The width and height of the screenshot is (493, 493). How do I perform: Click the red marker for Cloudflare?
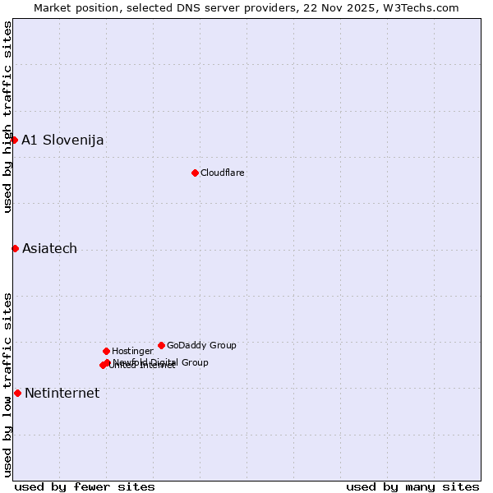coord(195,173)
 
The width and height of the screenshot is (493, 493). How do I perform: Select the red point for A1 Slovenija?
coord(14,140)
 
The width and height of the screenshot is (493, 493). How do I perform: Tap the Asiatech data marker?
coord(15,248)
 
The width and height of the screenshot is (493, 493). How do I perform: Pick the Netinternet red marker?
coord(17,393)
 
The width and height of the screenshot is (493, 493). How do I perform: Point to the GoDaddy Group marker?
coord(161,345)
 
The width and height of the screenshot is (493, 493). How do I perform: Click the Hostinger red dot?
coord(106,351)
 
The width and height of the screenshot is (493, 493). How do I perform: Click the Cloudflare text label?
coord(223,173)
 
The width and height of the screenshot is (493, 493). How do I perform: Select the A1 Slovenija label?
coord(62,140)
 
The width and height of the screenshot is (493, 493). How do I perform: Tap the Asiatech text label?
coord(49,248)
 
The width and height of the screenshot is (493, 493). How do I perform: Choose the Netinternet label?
coord(62,393)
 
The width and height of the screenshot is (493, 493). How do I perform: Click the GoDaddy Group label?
coord(201,345)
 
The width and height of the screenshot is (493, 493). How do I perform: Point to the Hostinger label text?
coord(132,351)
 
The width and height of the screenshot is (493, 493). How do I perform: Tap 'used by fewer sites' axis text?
coord(85,486)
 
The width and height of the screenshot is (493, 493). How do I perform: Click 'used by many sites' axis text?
coord(412,486)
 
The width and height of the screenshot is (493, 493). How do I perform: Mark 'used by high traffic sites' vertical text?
coord(7,117)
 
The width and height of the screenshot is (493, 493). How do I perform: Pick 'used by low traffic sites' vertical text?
coord(7,384)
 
